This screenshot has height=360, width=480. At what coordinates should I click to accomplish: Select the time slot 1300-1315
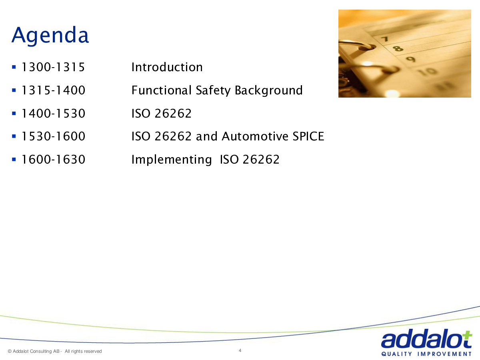point(53,67)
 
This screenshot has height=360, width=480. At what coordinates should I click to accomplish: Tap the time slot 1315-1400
point(54,90)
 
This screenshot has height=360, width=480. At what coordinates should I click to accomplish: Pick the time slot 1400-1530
point(54,114)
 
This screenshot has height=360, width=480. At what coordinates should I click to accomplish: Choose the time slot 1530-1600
point(54,136)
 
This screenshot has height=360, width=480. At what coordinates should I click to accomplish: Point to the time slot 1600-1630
point(54,159)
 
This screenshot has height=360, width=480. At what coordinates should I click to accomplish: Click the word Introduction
point(167,67)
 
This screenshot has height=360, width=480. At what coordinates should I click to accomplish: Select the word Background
point(269,90)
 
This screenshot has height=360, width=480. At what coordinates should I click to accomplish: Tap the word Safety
point(213,90)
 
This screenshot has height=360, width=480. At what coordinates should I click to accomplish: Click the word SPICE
point(308,136)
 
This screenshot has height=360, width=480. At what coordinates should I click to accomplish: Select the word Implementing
point(172,160)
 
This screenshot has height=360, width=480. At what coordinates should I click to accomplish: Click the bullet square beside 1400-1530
point(14,114)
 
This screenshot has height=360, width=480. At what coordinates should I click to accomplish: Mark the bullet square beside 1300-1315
point(14,67)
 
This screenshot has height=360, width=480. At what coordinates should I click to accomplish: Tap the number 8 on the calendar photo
point(398,48)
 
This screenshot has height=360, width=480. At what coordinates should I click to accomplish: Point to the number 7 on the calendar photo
point(385,39)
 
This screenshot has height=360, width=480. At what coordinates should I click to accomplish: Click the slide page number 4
point(240,350)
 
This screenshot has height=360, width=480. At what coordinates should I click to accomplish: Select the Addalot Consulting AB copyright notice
point(55,351)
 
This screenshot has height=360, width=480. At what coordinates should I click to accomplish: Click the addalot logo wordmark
point(426,339)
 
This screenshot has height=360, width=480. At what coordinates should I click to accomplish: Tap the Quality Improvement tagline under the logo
point(426,354)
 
